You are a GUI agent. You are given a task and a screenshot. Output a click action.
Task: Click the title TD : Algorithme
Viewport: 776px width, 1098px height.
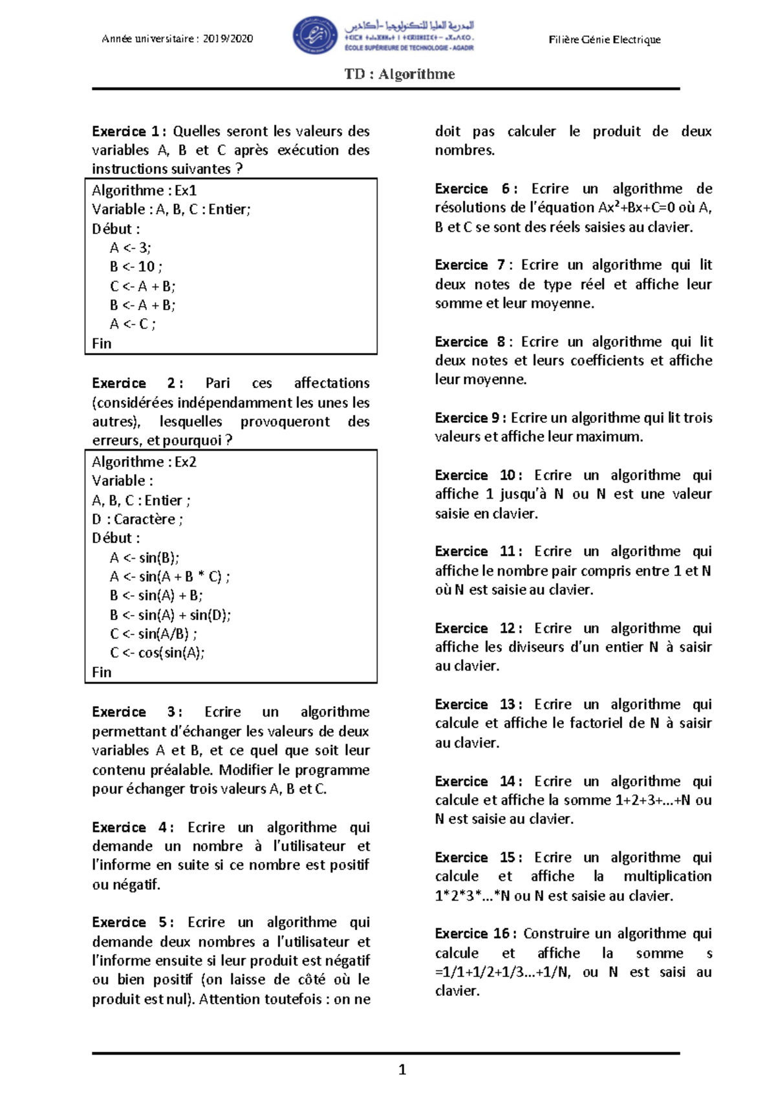[400, 74]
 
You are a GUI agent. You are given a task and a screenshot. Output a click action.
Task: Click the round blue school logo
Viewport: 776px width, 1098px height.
[315, 36]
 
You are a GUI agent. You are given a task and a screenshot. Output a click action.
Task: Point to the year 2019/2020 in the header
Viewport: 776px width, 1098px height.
[228, 39]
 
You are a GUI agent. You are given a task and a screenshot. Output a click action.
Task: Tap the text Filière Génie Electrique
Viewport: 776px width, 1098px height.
[605, 39]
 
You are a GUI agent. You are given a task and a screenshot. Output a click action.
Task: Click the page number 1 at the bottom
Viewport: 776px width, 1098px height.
[402, 1070]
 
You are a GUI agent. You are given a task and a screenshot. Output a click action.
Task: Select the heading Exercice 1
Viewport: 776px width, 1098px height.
[126, 131]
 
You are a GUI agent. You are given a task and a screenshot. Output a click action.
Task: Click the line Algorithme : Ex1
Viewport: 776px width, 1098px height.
[144, 190]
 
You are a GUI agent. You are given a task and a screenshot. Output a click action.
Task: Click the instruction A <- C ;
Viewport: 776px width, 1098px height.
[133, 324]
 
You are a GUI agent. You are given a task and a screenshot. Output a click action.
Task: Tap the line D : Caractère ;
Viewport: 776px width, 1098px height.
[137, 519]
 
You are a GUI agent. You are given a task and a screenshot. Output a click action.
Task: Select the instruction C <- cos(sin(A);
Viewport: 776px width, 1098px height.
[157, 652]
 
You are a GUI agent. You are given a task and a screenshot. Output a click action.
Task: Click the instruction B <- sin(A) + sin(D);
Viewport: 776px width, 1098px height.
[170, 615]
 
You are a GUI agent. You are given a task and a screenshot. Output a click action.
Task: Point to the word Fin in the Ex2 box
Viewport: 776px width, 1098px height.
[102, 672]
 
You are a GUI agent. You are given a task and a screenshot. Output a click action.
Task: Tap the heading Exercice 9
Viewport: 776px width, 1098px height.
[471, 418]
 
